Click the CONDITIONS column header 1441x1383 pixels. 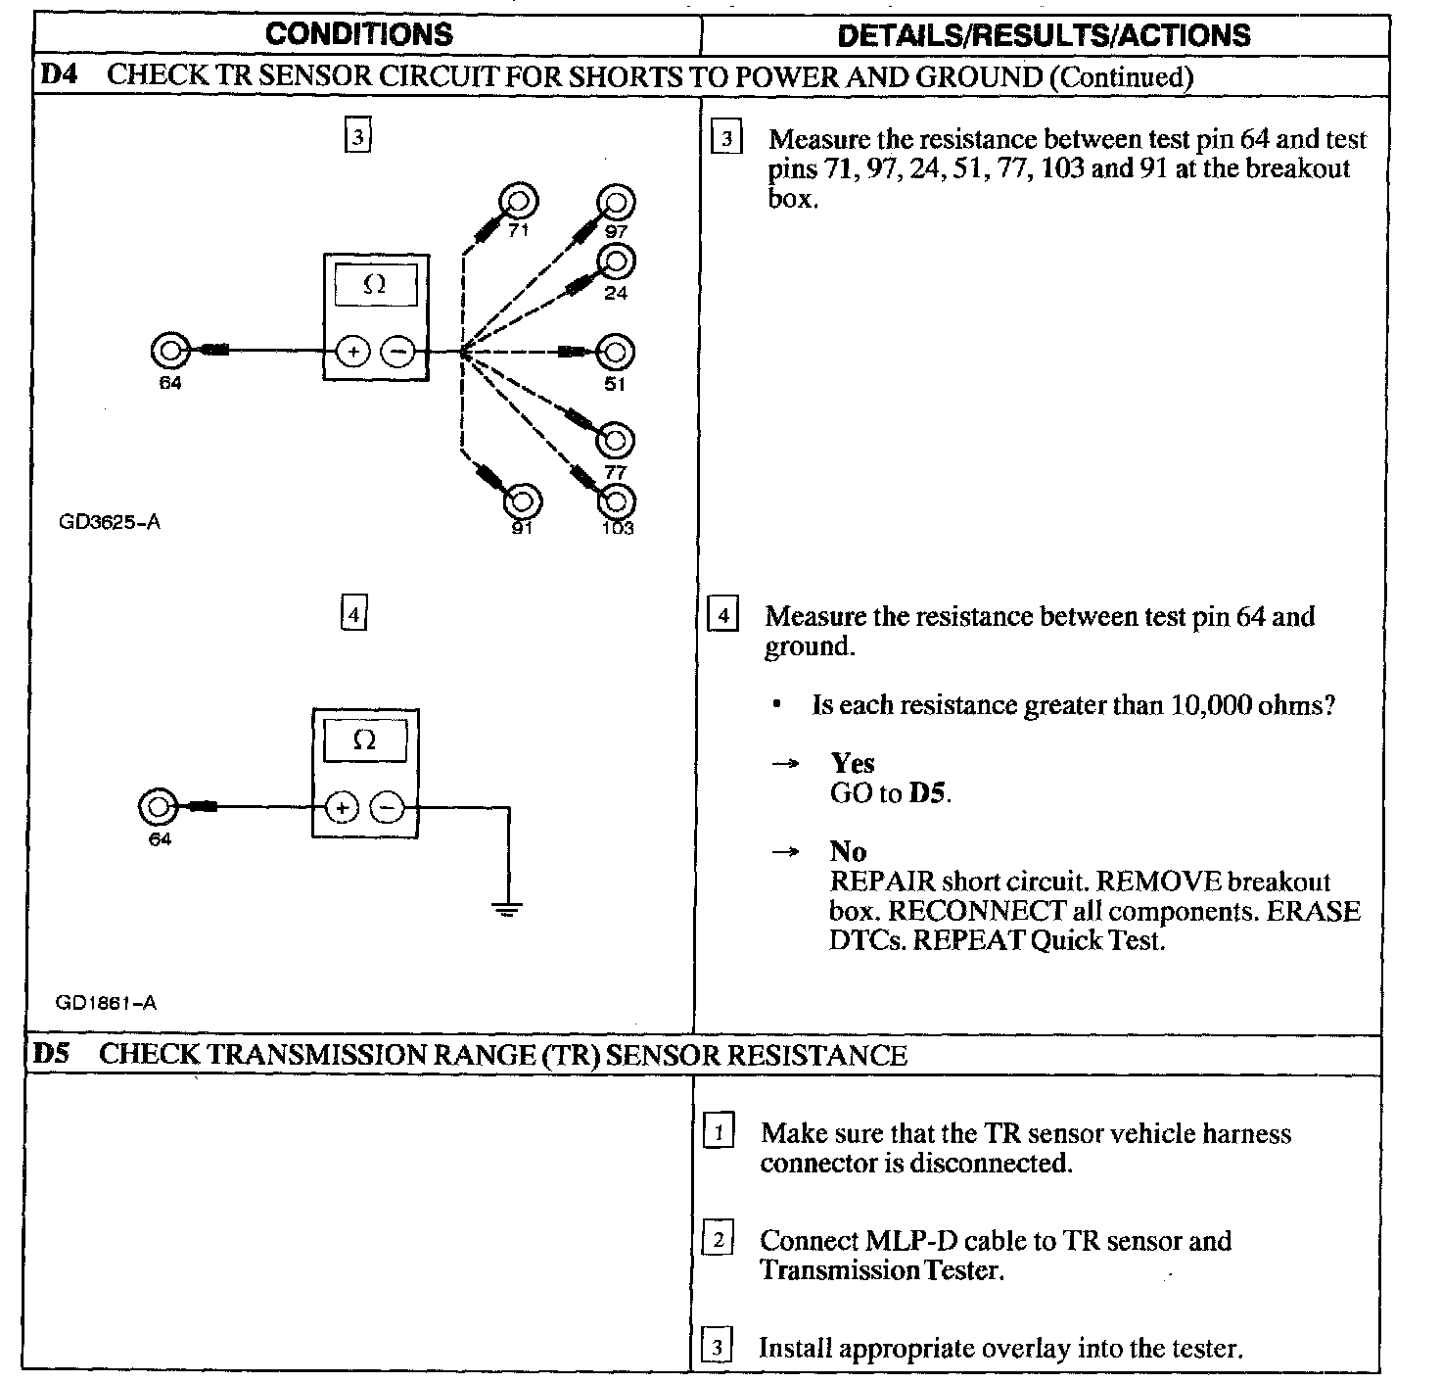[359, 35]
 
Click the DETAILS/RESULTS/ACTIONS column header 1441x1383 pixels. [1044, 36]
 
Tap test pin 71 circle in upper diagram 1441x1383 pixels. [518, 202]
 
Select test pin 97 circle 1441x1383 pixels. [616, 203]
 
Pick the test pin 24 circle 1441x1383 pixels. [617, 262]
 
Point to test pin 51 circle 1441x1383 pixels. [615, 353]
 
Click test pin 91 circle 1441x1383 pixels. [522, 501]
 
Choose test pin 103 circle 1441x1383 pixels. [616, 502]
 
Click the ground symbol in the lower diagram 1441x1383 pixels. [507, 909]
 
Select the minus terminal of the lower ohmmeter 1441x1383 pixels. [389, 808]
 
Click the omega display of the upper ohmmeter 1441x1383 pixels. [375, 285]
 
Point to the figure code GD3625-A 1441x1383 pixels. [110, 522]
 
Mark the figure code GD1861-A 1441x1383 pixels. [106, 1003]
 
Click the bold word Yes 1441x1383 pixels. [852, 763]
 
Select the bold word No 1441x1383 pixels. [848, 851]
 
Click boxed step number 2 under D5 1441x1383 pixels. [718, 1241]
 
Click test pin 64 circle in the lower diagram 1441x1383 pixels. [159, 808]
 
